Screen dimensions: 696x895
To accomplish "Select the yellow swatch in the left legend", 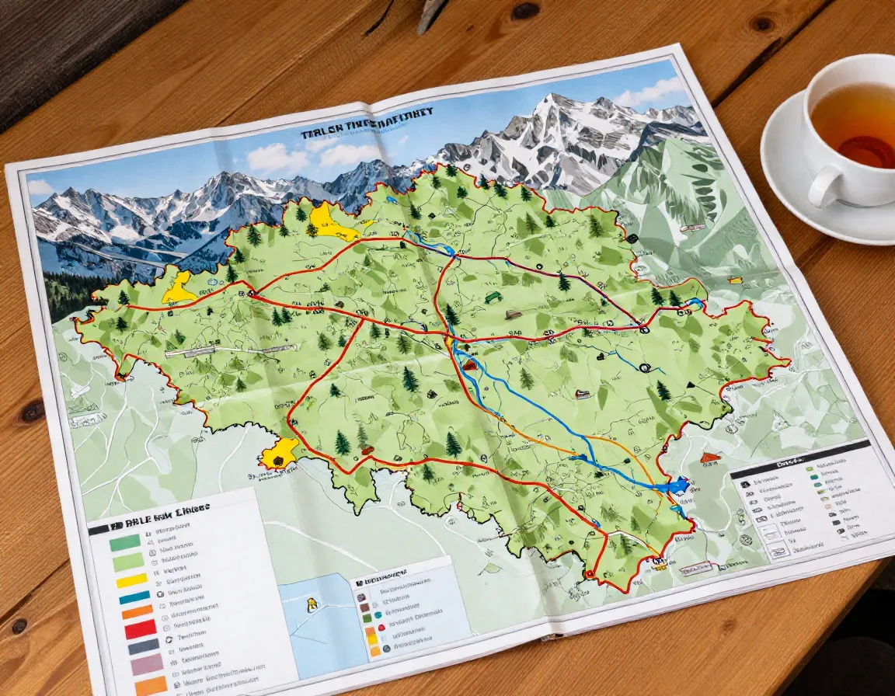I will [131, 579].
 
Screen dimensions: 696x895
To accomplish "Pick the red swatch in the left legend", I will [141, 630].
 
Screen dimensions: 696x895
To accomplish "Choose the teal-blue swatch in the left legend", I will [134, 597].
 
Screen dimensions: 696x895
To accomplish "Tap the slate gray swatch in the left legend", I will [143, 647].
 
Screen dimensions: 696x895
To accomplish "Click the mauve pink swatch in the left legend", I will [147, 665].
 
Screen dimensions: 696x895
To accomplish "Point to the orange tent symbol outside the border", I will [708, 458].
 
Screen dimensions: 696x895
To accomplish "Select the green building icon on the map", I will [491, 297].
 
